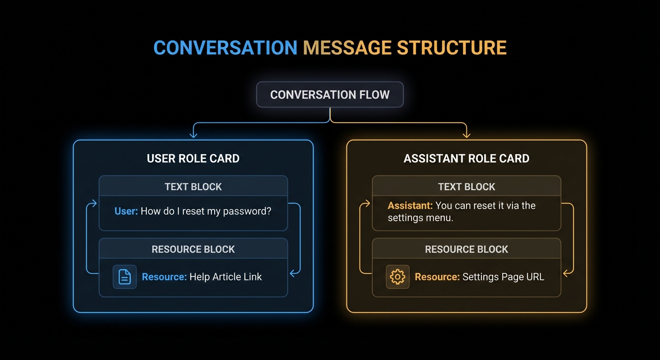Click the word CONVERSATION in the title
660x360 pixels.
(x=225, y=48)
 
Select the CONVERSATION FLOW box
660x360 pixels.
(x=330, y=95)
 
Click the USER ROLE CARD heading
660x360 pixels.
(x=193, y=158)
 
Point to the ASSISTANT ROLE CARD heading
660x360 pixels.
(x=466, y=158)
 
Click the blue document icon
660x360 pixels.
(x=125, y=277)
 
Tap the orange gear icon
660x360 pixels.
(x=397, y=277)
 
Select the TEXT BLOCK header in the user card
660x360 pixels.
(x=193, y=187)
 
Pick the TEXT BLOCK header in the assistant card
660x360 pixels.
(x=466, y=187)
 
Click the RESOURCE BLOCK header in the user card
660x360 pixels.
(x=193, y=249)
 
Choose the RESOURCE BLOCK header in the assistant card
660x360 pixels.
(x=466, y=249)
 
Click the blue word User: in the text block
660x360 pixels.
(x=126, y=211)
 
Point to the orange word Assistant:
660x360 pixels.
(x=410, y=205)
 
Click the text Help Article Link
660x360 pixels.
(x=225, y=277)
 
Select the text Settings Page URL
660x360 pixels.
(x=503, y=277)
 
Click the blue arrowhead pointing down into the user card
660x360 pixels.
(x=193, y=135)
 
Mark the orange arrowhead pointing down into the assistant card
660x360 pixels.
(x=466, y=135)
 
